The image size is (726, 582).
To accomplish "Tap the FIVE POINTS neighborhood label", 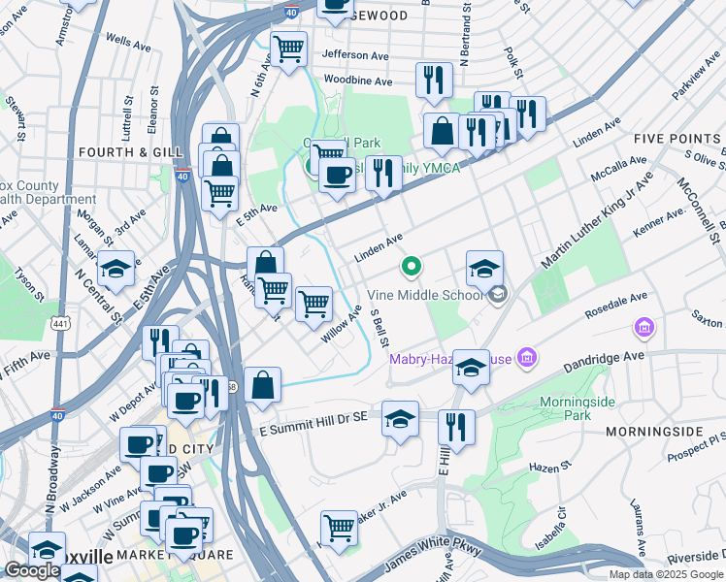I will point(676,139).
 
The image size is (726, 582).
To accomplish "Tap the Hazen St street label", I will point(549,468).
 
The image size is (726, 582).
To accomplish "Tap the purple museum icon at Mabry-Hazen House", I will point(526,360).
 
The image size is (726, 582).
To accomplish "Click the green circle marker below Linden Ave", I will point(412,265).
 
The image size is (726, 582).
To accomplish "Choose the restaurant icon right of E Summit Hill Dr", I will point(454,426).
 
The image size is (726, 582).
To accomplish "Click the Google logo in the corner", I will point(33,570).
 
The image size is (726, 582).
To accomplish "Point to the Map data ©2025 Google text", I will point(666,574).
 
